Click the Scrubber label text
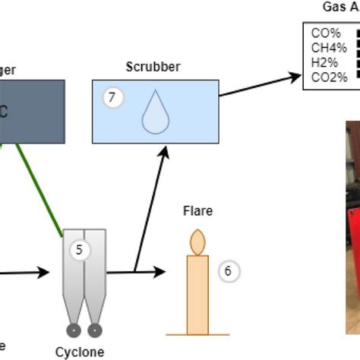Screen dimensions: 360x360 (x=154, y=67)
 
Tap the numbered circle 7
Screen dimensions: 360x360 (x=112, y=97)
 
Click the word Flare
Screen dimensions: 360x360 (x=197, y=210)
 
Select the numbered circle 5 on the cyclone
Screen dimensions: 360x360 (x=100, y=249)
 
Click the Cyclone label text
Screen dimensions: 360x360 (x=79, y=352)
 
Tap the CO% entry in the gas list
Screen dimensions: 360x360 (x=325, y=33)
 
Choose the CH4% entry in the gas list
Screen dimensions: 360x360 (x=328, y=48)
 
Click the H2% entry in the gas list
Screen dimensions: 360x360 (x=325, y=62)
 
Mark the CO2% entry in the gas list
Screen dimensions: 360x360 (x=329, y=77)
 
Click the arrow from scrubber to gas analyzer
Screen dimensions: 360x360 (x=258, y=85)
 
